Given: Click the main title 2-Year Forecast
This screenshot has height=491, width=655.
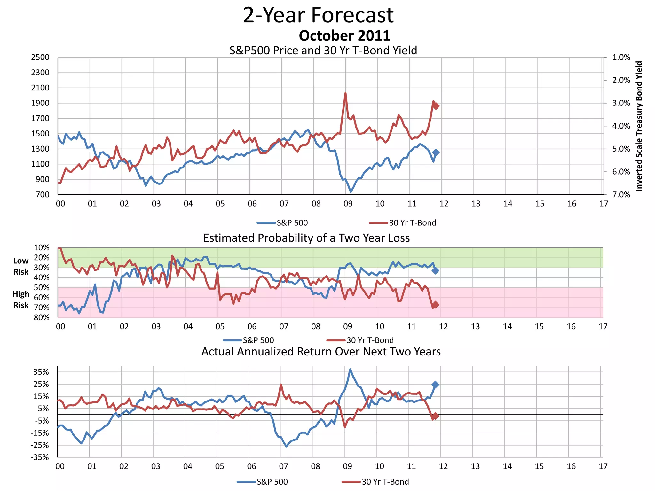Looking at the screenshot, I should (318, 15).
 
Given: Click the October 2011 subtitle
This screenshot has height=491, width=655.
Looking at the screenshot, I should (344, 35).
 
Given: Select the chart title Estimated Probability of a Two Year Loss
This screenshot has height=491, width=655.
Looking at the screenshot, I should (306, 238).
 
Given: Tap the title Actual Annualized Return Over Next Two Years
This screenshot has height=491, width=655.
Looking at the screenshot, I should (321, 352).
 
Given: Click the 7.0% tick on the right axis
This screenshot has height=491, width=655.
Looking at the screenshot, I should (621, 195).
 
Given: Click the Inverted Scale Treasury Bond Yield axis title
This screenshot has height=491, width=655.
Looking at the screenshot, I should (639, 126).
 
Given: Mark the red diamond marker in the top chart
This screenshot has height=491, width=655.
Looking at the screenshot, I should (436, 106).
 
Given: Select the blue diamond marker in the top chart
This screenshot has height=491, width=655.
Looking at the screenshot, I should (436, 152).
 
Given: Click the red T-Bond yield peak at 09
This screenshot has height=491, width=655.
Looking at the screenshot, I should (345, 93).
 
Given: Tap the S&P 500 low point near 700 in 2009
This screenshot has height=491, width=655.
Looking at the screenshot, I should (351, 191).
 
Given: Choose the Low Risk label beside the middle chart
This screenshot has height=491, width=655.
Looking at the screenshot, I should (21, 266).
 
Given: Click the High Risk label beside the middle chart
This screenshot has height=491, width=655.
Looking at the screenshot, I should (21, 300).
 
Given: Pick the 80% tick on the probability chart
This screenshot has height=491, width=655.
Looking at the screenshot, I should (42, 318).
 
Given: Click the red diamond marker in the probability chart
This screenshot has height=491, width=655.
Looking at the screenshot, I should (435, 305).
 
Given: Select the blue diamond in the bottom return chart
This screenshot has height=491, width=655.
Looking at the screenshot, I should (435, 385).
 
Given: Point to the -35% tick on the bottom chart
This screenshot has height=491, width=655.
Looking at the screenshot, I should (40, 457).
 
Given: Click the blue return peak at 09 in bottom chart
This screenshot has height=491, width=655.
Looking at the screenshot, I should (350, 370).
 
